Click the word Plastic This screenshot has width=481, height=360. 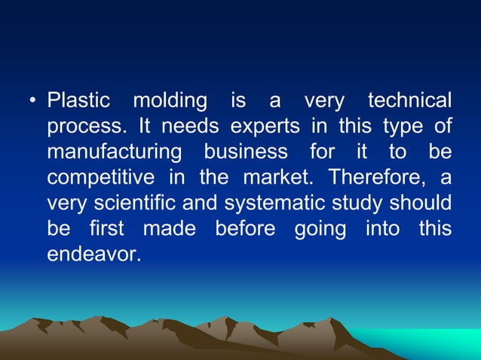78,100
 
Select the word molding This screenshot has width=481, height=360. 170,101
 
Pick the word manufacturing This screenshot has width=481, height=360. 114,152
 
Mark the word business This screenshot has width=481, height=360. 246,151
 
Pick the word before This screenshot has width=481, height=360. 244,228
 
